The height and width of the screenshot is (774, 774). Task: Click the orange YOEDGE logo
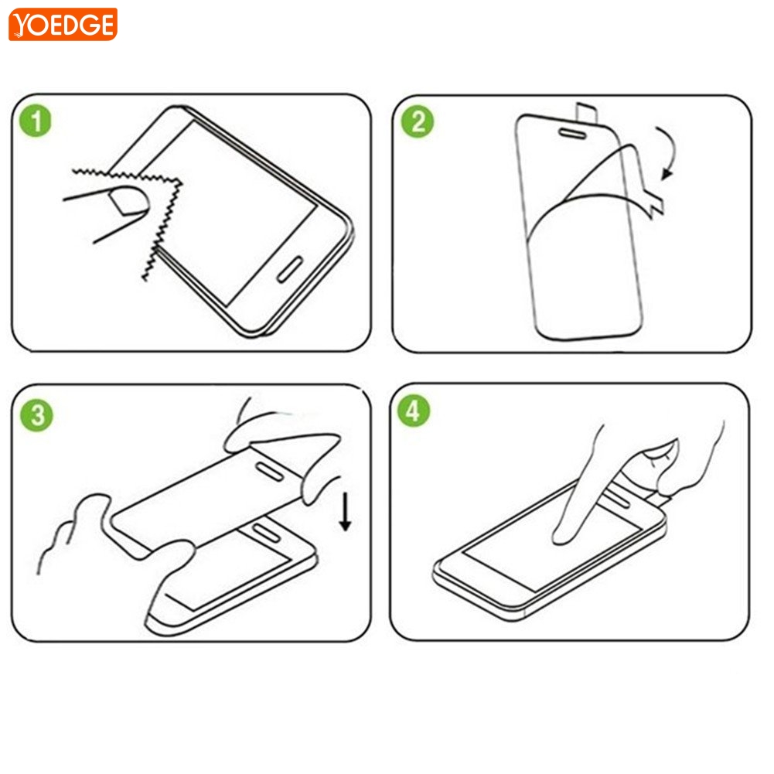pyautogui.click(x=63, y=24)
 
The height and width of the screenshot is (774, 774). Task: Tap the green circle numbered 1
pyautogui.click(x=35, y=121)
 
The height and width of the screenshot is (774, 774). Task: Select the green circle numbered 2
pyautogui.click(x=417, y=121)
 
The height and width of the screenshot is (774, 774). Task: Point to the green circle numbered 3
pyautogui.click(x=36, y=415)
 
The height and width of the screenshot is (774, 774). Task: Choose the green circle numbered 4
pyautogui.click(x=414, y=411)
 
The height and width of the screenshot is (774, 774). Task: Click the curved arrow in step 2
pyautogui.click(x=670, y=153)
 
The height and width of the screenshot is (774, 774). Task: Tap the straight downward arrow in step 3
pyautogui.click(x=345, y=511)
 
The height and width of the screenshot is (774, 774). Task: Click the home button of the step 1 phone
pyautogui.click(x=290, y=270)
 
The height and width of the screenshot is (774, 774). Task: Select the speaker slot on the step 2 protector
pyautogui.click(x=572, y=133)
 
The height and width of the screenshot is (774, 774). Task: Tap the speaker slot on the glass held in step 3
pyautogui.click(x=270, y=471)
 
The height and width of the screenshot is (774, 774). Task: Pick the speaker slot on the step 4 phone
pyautogui.click(x=618, y=497)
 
